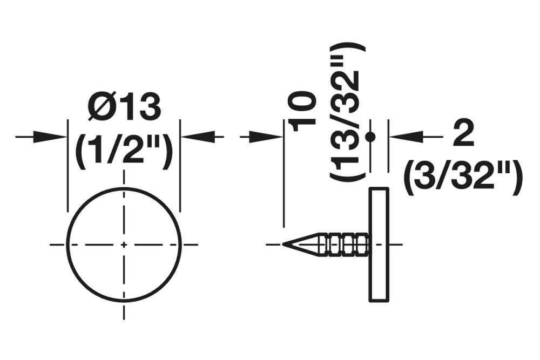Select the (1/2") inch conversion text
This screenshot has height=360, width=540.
click(x=124, y=152)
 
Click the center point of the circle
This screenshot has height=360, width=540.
click(x=124, y=244)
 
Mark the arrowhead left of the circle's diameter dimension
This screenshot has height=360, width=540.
click(x=54, y=137)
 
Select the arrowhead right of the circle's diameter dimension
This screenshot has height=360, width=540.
click(x=194, y=137)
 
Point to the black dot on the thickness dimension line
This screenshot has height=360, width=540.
click(x=370, y=137)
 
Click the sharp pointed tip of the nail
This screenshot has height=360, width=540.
click(x=283, y=244)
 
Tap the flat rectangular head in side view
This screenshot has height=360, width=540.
click(x=378, y=244)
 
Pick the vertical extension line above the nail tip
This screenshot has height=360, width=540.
click(x=283, y=178)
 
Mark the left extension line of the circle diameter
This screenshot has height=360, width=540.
click(x=67, y=167)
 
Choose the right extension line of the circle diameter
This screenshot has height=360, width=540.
click(x=180, y=167)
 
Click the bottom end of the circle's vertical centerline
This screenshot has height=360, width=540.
click(x=124, y=316)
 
